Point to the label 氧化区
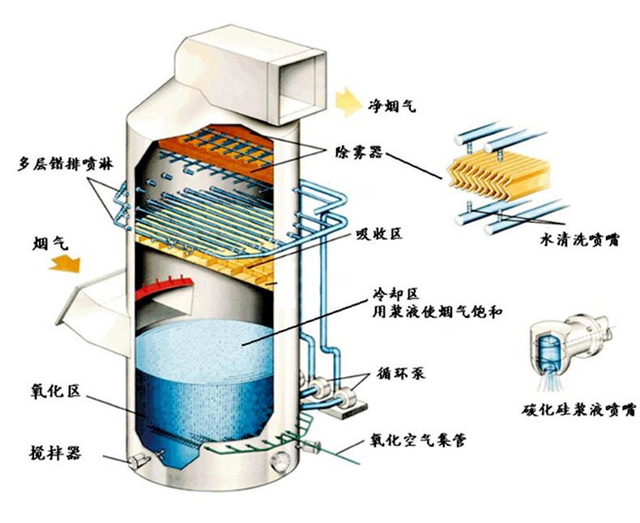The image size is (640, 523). point(50,392)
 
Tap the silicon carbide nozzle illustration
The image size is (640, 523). point(564,345)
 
